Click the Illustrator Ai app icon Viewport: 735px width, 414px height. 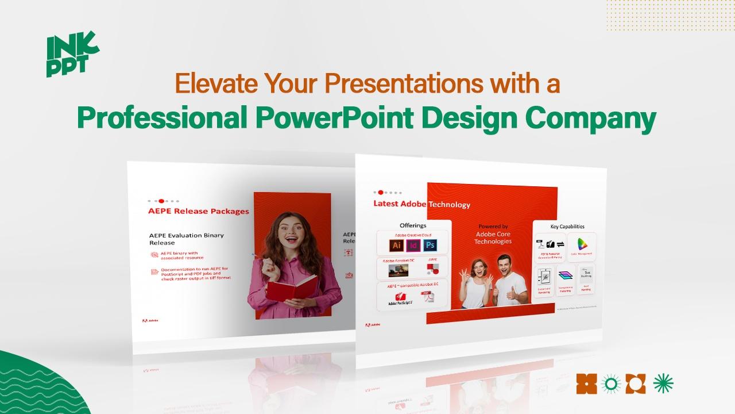(396, 246)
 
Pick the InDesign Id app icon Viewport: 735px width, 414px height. (413, 246)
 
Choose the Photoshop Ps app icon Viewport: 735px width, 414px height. (430, 246)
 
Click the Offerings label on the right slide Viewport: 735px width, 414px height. (413, 225)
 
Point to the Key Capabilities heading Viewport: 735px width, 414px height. (567, 227)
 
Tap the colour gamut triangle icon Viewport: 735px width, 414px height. (582, 244)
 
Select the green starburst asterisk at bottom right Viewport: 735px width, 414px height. (664, 383)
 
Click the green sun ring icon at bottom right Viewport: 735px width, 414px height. (612, 384)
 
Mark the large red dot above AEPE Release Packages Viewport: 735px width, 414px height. (161, 201)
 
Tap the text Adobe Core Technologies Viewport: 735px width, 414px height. (493, 237)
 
